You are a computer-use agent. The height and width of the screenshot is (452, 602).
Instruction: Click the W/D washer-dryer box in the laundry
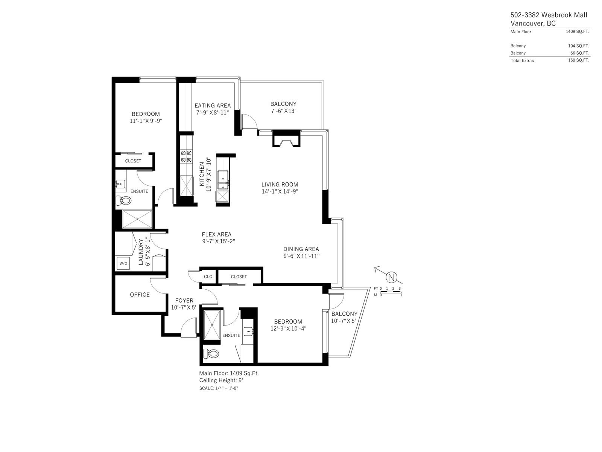tap(123, 263)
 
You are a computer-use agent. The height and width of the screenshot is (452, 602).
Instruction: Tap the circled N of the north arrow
tap(391, 278)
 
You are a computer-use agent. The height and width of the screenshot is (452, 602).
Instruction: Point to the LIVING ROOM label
tap(280, 185)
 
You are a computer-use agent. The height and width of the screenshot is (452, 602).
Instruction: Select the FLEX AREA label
tap(216, 234)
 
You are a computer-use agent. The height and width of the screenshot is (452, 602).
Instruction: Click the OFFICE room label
tap(140, 295)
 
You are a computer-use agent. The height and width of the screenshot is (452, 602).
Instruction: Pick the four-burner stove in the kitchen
tap(186, 156)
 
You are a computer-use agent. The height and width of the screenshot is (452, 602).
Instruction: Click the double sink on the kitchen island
tap(223, 180)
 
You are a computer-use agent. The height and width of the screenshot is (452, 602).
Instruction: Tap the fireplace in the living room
tap(286, 138)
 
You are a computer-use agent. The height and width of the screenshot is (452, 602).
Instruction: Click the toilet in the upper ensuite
tap(123, 201)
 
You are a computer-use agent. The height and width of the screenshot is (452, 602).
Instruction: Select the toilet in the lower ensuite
tap(211, 353)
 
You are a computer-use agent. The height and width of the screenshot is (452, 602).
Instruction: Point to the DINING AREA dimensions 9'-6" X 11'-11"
tap(301, 256)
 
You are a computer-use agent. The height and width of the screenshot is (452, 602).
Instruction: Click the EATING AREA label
tap(213, 105)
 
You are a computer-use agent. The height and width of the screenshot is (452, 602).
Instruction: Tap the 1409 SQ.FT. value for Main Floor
tap(578, 31)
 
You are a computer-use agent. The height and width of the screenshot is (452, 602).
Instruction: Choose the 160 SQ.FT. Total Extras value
tap(579, 60)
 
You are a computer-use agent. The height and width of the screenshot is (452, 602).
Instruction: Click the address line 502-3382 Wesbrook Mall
tap(549, 15)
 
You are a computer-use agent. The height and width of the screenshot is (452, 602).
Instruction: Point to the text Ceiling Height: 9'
tap(221, 380)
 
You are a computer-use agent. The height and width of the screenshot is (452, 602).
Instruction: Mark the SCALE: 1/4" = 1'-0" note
tap(219, 388)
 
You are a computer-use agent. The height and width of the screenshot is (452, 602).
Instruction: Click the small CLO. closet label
tap(208, 276)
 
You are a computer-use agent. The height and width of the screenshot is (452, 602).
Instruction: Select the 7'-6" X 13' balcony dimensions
tap(283, 111)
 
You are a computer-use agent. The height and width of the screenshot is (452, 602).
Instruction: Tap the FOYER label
tap(184, 301)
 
